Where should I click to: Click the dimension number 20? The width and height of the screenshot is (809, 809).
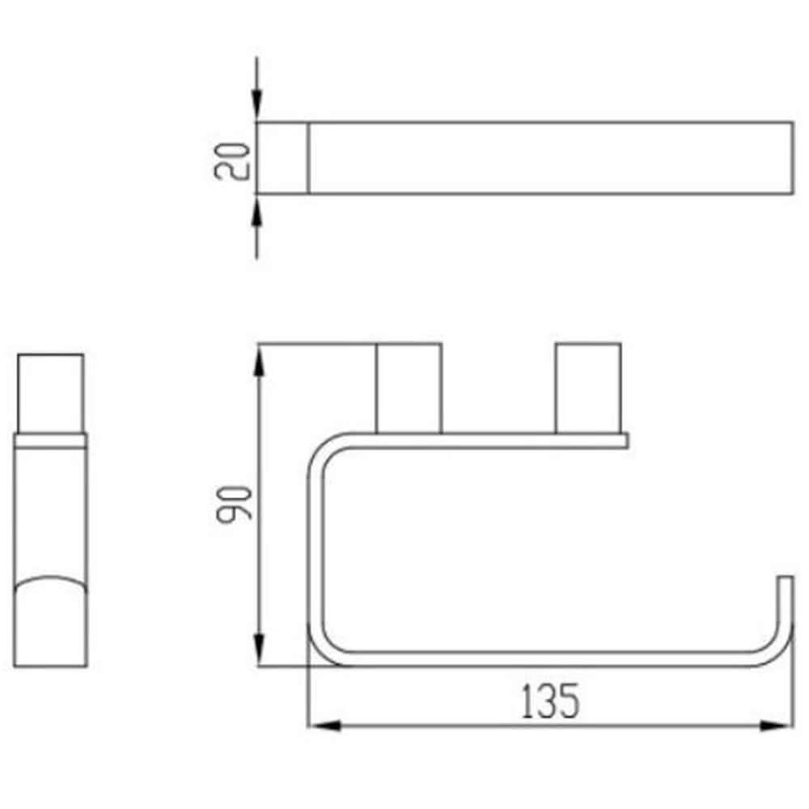click(231, 160)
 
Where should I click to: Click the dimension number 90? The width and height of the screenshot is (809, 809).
click(235, 504)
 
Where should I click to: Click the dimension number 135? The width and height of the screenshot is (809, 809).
click(550, 701)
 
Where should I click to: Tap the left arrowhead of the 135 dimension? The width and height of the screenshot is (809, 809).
click(325, 726)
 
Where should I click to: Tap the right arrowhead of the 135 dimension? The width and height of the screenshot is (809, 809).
click(777, 726)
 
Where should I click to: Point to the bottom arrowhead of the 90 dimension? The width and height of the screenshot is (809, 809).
click(259, 650)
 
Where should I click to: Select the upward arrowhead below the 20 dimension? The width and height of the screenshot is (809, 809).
click(257, 210)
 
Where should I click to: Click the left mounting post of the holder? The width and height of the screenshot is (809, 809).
click(409, 388)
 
